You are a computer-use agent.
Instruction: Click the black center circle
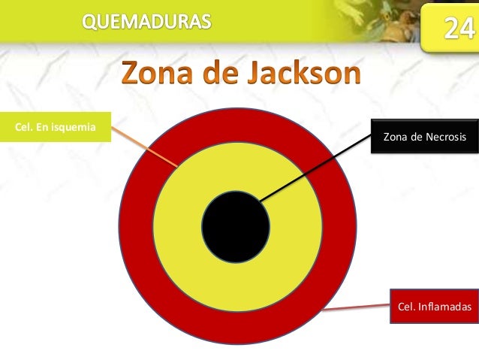click(236, 225)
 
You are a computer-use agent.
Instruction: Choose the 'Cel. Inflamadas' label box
click(433, 306)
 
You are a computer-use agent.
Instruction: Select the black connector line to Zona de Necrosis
click(315, 169)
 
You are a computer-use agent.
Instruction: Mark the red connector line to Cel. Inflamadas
click(357, 307)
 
